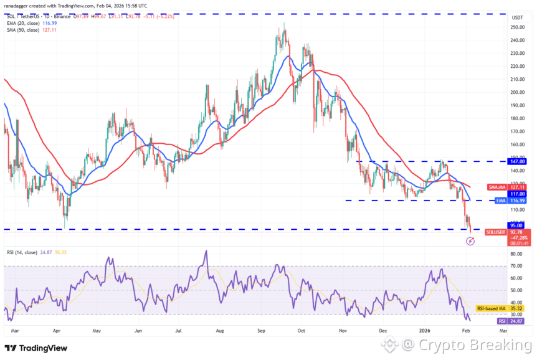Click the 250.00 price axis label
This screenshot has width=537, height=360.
click(x=516, y=27)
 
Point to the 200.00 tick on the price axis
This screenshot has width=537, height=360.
click(x=516, y=93)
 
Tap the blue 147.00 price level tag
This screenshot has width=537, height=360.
click(x=516, y=161)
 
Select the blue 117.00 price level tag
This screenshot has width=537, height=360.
click(x=516, y=194)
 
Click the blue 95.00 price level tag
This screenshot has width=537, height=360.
click(x=516, y=225)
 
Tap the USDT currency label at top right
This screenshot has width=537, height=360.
click(x=516, y=18)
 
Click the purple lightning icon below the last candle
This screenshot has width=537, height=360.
click(x=470, y=241)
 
